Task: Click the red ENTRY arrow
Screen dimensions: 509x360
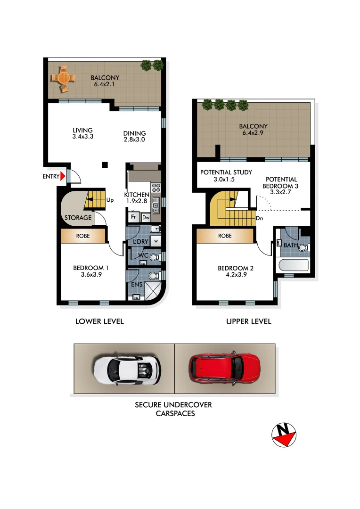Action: [x=63, y=177]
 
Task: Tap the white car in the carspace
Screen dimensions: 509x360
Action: [x=127, y=369]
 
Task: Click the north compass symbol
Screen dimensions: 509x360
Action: [x=284, y=434]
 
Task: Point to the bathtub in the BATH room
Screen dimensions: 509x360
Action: [x=293, y=266]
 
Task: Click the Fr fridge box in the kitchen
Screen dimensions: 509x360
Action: [x=133, y=218]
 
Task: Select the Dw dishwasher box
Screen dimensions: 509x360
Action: [x=146, y=218]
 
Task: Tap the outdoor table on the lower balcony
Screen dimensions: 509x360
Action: [x=63, y=78]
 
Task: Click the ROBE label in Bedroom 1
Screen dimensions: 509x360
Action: [x=83, y=236]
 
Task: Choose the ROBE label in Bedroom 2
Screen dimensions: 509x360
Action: [x=225, y=236]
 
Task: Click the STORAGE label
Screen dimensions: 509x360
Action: [x=78, y=218]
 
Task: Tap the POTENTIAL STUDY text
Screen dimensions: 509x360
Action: [x=226, y=172]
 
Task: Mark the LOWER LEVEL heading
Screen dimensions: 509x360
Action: [x=99, y=321]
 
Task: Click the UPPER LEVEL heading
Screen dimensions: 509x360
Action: [x=249, y=321]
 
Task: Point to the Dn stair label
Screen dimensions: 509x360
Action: [x=259, y=219]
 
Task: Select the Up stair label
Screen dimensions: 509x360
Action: [x=110, y=200]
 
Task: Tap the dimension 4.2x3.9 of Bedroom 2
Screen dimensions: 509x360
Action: [x=236, y=276]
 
